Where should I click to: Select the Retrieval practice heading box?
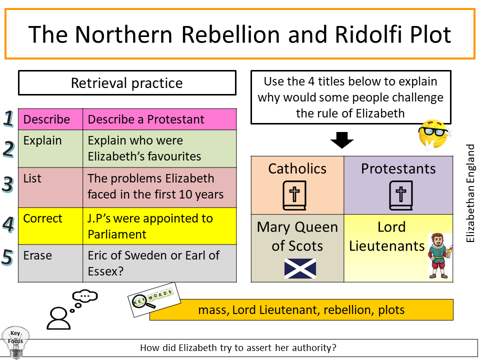point(127,83)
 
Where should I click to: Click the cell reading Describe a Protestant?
point(159,119)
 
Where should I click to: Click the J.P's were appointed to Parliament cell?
point(159,226)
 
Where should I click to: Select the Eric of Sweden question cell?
point(159,263)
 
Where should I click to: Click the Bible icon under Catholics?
point(296,195)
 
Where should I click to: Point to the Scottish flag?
point(300,268)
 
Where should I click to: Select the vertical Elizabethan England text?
point(470,193)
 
